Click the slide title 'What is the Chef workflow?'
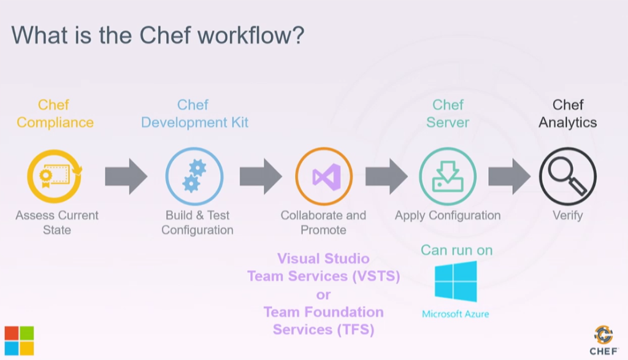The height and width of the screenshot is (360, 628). tap(158, 35)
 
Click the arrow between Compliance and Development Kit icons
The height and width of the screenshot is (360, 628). tap(126, 177)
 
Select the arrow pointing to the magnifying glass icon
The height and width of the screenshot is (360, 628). tap(509, 177)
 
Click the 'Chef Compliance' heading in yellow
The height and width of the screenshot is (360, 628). tap(55, 113)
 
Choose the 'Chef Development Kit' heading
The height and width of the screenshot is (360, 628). tap(194, 113)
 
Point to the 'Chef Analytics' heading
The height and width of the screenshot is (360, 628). tap(567, 113)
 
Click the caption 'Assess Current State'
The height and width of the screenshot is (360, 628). tap(56, 223)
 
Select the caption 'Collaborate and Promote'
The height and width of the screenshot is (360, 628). tap(323, 223)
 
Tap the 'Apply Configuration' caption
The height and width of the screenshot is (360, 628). tap(447, 215)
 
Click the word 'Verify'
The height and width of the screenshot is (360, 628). tap(567, 215)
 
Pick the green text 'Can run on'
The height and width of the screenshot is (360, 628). tap(456, 250)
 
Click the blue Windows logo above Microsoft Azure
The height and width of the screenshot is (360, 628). tap(456, 281)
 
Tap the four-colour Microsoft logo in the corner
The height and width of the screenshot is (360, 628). tap(19, 340)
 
